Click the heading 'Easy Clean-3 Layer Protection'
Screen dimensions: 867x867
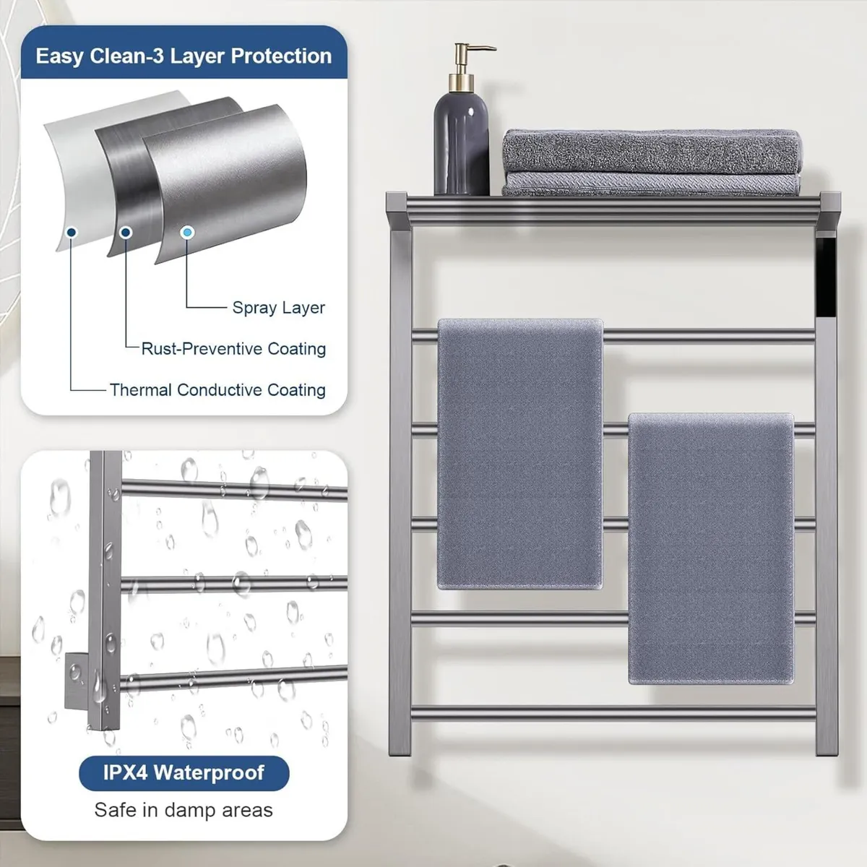184,56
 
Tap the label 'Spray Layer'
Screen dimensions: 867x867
278,308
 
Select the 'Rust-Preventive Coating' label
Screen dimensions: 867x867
233,349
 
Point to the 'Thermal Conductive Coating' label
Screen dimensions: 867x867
217,390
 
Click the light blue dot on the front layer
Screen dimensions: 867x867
188,233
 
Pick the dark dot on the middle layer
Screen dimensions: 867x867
126,233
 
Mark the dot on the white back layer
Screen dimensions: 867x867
71,233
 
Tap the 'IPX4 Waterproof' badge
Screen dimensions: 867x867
184,773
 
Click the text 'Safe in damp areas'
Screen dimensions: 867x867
184,810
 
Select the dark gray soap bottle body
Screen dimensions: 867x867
461,144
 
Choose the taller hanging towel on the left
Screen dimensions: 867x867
520,452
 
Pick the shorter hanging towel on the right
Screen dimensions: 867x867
711,548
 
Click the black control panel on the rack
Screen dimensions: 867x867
826,277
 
